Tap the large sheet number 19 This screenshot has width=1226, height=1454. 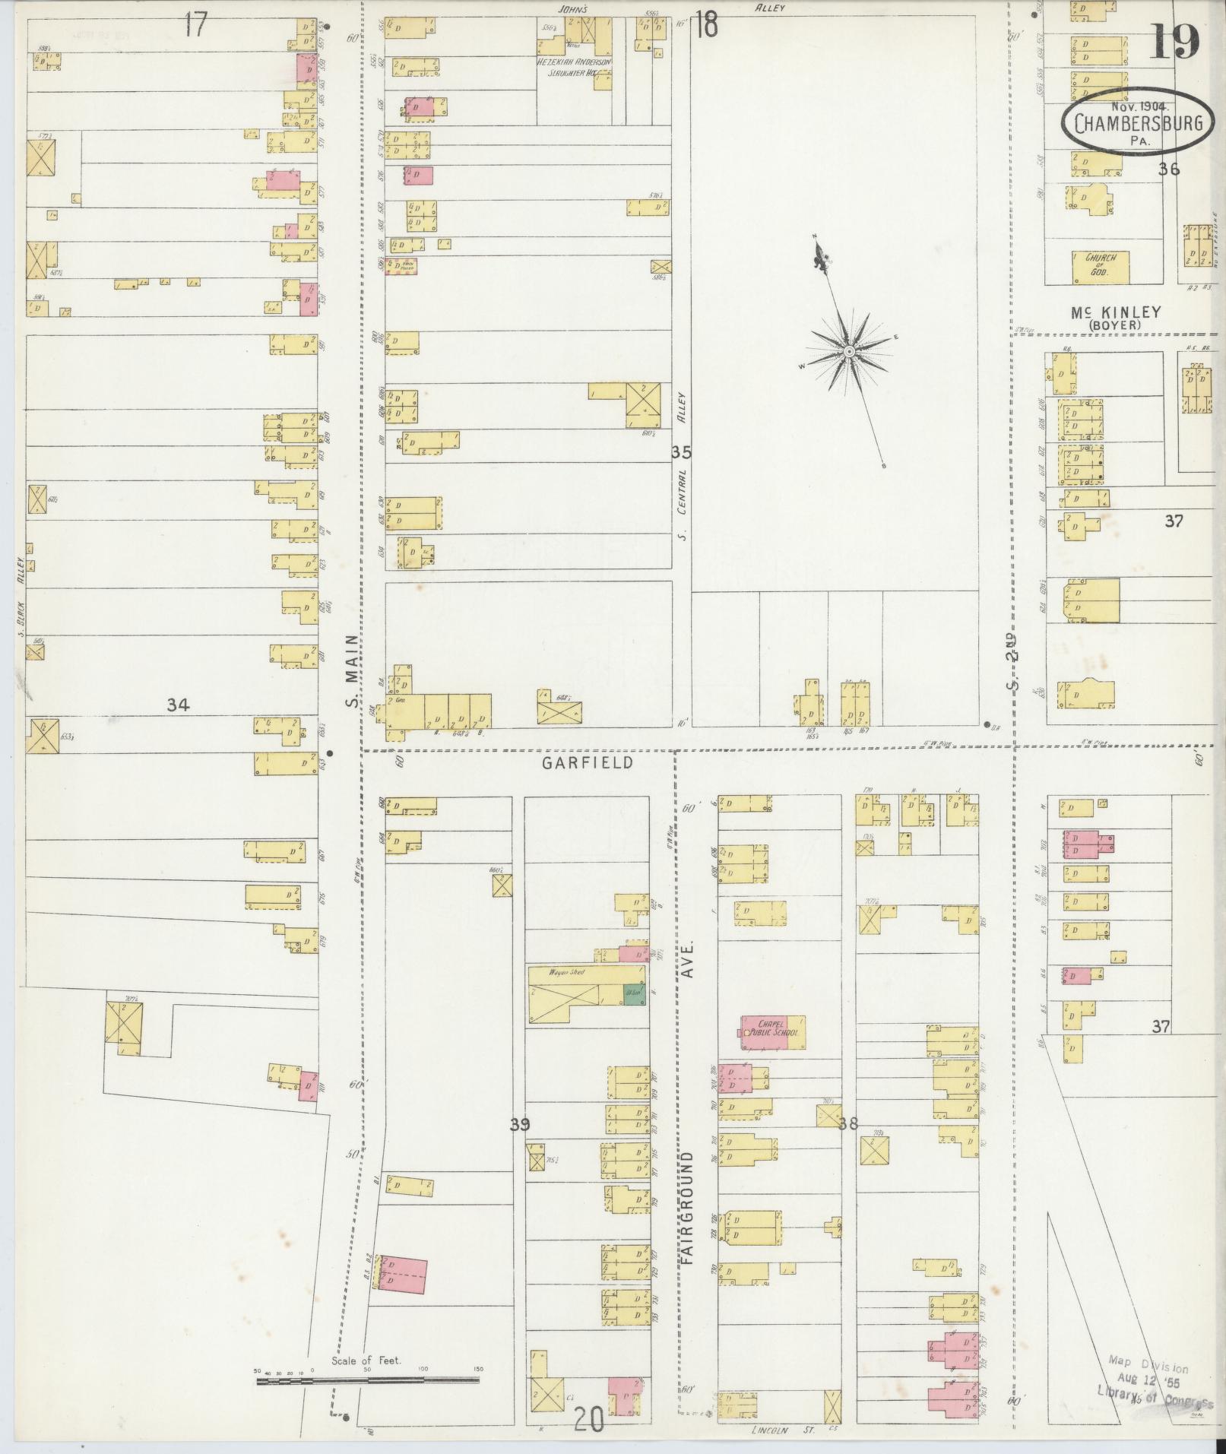point(1174,41)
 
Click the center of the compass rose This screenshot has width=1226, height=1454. point(848,351)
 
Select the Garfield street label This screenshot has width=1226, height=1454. point(587,762)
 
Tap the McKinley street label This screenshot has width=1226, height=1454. point(1116,312)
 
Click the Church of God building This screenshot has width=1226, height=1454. point(1100,265)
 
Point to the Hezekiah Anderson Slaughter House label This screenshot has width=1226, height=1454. point(575,68)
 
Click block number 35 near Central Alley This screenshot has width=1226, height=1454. point(682,452)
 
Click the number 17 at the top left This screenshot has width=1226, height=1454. point(195,25)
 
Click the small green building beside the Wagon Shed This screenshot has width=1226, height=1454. point(632,995)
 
